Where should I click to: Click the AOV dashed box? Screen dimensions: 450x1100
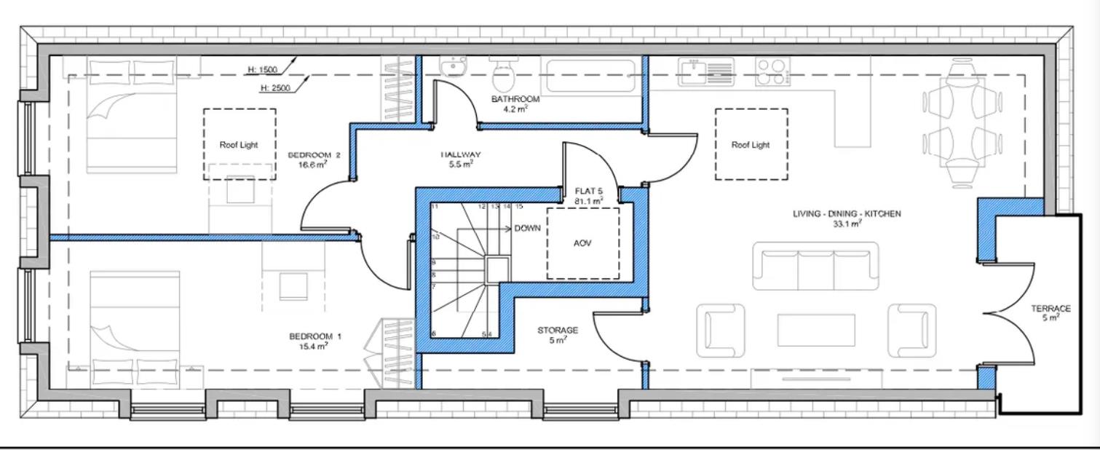[582, 243]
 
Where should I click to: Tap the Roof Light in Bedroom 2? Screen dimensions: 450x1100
[239, 144]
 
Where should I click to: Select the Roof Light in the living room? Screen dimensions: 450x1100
[751, 144]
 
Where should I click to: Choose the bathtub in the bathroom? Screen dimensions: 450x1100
[591, 75]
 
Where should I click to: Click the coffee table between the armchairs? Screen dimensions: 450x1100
[815, 330]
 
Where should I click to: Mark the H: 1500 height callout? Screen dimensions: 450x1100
[261, 70]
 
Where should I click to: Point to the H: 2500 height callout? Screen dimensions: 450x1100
[274, 88]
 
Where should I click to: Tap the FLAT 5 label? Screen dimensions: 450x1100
[589, 192]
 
